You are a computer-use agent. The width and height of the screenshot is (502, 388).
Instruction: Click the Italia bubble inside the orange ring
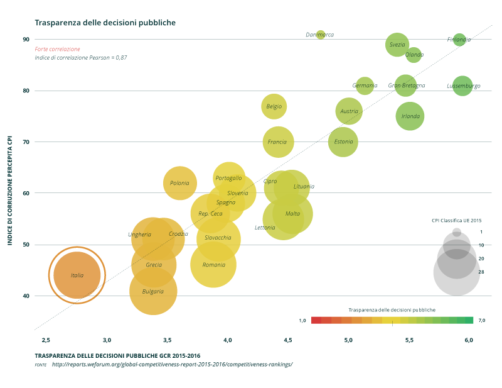point(77,275)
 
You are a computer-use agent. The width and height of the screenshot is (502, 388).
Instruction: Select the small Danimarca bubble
point(321,35)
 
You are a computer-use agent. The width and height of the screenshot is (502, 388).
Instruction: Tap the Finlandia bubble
point(459,40)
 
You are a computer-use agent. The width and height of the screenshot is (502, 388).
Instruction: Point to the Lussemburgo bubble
point(462,86)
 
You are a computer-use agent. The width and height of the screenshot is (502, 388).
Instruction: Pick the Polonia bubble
point(180,183)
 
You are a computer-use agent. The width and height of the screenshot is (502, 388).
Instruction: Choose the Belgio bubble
point(274,106)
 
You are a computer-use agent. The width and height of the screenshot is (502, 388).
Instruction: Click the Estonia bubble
point(343,141)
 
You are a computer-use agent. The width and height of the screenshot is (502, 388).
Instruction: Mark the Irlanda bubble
point(410,116)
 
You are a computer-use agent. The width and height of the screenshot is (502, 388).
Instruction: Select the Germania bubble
point(365,86)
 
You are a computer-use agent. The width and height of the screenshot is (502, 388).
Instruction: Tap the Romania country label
point(214,265)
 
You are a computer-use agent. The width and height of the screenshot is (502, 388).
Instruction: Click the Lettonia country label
point(265,227)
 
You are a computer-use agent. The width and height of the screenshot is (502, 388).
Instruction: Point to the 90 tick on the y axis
point(26,39)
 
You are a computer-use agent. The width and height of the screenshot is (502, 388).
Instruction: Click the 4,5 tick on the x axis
point(288,340)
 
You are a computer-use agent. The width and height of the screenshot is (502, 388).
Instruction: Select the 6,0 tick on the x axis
point(469,340)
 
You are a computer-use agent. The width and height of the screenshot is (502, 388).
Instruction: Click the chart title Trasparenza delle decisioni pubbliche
point(105,23)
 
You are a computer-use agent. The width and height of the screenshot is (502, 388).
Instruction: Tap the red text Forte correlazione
point(58,49)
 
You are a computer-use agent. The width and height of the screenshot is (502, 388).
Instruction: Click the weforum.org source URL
point(172,364)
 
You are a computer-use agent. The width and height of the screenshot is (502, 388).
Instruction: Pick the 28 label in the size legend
point(481,272)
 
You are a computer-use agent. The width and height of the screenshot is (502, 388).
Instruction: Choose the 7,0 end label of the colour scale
point(481,320)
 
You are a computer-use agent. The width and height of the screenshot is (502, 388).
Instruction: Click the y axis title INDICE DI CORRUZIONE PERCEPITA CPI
point(10,188)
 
